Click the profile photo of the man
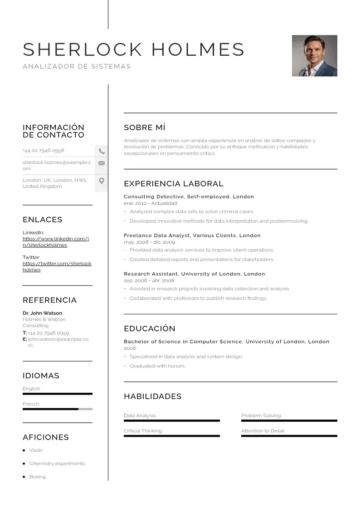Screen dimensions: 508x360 (x=314, y=56)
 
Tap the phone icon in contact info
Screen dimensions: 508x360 (x=102, y=151)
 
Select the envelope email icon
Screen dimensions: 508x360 (x=102, y=163)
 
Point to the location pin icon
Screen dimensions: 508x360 (x=102, y=181)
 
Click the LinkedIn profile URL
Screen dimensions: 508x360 (x=56, y=242)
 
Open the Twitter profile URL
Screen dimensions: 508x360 (x=57, y=267)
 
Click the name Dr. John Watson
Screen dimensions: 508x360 (x=43, y=313)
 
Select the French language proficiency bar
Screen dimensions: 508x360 (x=57, y=409)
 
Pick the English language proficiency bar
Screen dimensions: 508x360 (x=57, y=394)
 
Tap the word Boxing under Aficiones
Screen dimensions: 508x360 (x=38, y=477)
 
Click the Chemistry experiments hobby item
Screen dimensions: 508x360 (x=57, y=464)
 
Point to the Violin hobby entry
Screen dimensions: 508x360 (x=36, y=450)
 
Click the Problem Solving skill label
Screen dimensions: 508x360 (x=261, y=415)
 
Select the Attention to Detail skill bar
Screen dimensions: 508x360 (x=289, y=436)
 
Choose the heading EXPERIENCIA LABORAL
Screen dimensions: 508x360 (x=173, y=184)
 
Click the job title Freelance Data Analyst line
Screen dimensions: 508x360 (x=192, y=235)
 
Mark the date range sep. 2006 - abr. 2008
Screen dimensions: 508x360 (x=149, y=281)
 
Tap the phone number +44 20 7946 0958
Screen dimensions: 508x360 (x=44, y=151)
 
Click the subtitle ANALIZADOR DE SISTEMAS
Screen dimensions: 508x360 (x=77, y=66)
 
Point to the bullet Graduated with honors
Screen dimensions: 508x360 (x=157, y=366)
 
